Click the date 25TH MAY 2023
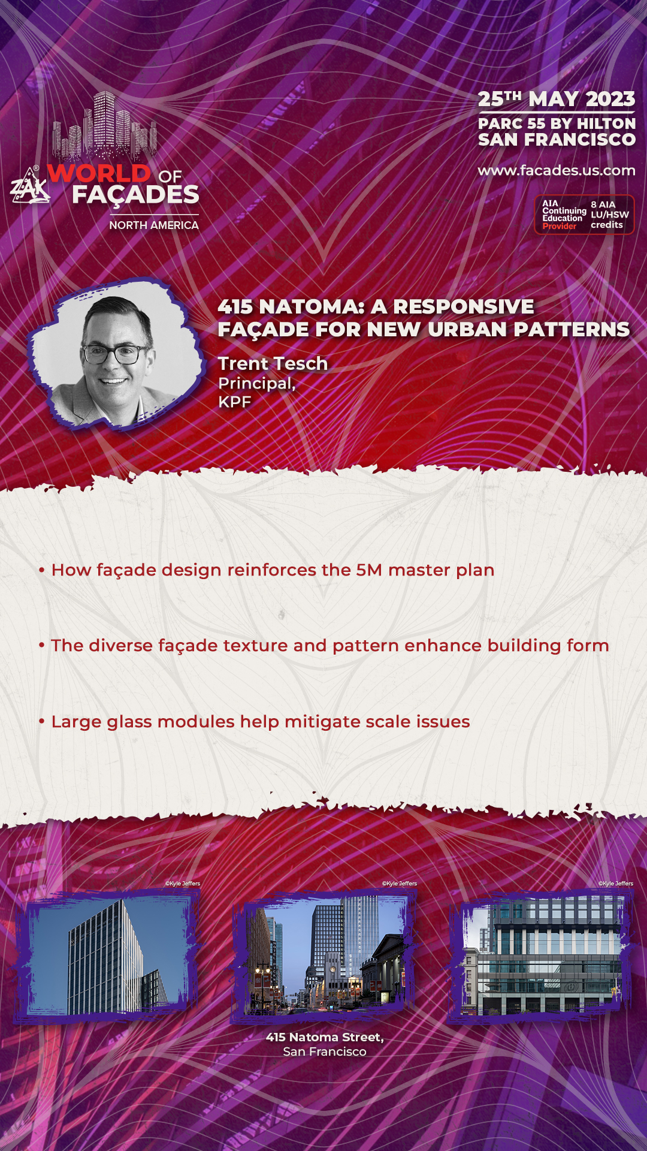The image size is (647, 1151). (557, 99)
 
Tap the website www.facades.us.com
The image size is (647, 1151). (557, 170)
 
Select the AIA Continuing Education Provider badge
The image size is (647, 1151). (584, 215)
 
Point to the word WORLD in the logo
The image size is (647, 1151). (99, 174)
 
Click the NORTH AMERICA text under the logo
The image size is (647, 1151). (154, 225)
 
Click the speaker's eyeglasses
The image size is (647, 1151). (115, 354)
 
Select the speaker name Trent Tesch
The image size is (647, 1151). (273, 363)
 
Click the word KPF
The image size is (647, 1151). (234, 402)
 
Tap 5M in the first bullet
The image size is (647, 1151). (369, 570)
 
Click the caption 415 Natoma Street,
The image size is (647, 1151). (325, 1037)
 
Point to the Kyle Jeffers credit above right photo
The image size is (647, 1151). (616, 884)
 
